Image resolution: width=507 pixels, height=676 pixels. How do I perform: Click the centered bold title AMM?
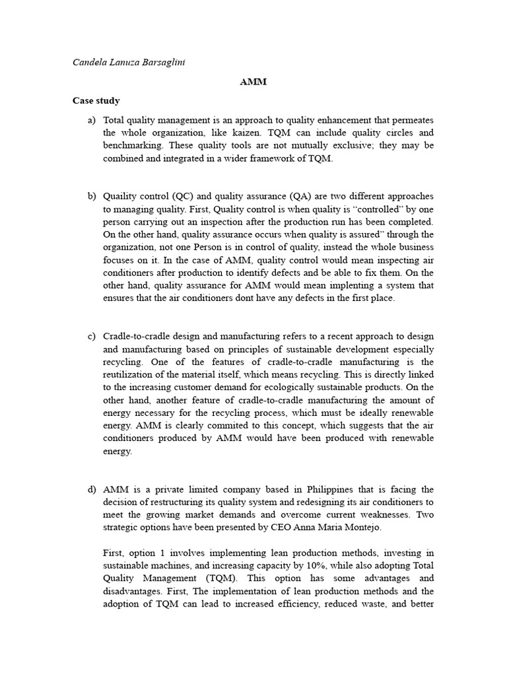click(253, 83)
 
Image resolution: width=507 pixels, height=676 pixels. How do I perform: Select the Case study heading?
click(96, 101)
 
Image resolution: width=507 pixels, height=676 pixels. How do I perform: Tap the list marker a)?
click(91, 120)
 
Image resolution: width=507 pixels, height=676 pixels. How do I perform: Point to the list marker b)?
click(91, 197)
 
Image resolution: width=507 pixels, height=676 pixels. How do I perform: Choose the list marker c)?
click(91, 337)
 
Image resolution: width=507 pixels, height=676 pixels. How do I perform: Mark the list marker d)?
click(91, 489)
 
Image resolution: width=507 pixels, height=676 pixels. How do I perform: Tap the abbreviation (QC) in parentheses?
click(186, 197)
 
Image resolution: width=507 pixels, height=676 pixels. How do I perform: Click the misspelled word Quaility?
click(120, 197)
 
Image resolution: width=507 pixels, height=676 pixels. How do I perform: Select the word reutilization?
click(130, 375)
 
